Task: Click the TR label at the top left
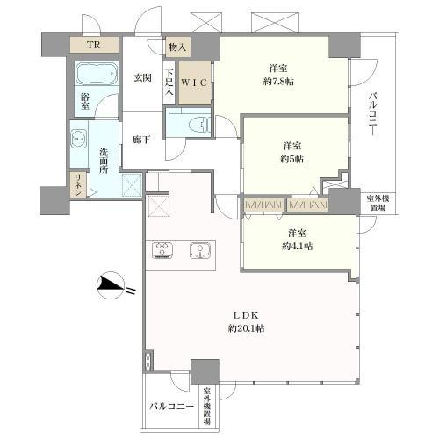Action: pyautogui.click(x=94, y=45)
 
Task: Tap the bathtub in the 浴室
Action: pyautogui.click(x=97, y=73)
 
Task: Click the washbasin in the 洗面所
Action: pyautogui.click(x=78, y=138)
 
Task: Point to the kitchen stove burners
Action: pyautogui.click(x=162, y=251)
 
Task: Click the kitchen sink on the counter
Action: pyautogui.click(x=200, y=251)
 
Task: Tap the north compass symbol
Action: pyautogui.click(x=112, y=286)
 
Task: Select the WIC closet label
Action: pyautogui.click(x=194, y=83)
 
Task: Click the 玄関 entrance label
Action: pyautogui.click(x=142, y=77)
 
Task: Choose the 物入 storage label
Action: pyautogui.click(x=177, y=47)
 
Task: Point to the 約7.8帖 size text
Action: pyautogui.click(x=278, y=82)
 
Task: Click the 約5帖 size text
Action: pyautogui.click(x=291, y=159)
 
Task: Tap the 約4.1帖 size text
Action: pyautogui.click(x=297, y=246)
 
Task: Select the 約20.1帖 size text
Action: pyautogui.click(x=247, y=328)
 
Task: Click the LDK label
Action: pyautogui.click(x=246, y=315)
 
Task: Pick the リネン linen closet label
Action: pyautogui.click(x=78, y=185)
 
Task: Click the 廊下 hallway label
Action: pyautogui.click(x=141, y=140)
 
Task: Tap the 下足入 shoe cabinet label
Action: pyautogui.click(x=169, y=83)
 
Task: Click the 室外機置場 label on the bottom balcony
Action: pyautogui.click(x=207, y=407)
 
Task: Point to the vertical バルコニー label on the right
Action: pyautogui.click(x=373, y=114)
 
